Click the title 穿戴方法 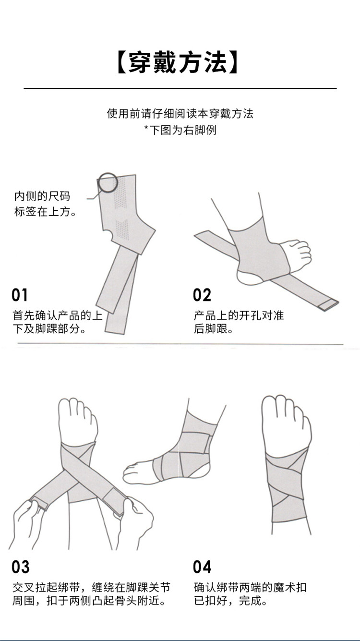[178, 63]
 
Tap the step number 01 [20, 295]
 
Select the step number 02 [202, 295]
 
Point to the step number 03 [20, 567]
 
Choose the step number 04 [202, 567]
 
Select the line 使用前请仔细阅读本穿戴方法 [180, 114]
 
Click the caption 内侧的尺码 [42, 196]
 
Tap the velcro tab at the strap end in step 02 [328, 305]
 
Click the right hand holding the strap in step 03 [134, 519]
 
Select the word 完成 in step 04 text [250, 601]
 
